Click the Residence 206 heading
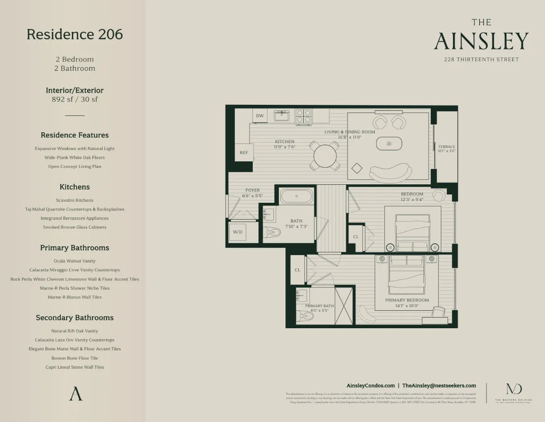[x=75, y=34]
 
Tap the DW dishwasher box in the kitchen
[x=260, y=116]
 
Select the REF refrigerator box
[x=244, y=153]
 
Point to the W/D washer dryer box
[x=238, y=232]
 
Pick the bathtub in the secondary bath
[x=296, y=196]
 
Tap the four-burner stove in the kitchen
[x=304, y=116]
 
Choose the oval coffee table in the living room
[x=389, y=144]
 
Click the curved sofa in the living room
[x=391, y=173]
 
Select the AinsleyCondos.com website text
[x=371, y=386]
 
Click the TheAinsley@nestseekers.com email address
[x=439, y=386]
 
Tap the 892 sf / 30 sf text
[x=75, y=99]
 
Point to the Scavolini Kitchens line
[x=75, y=200]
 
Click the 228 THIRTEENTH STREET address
[x=481, y=59]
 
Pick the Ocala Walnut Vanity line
[x=75, y=261]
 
